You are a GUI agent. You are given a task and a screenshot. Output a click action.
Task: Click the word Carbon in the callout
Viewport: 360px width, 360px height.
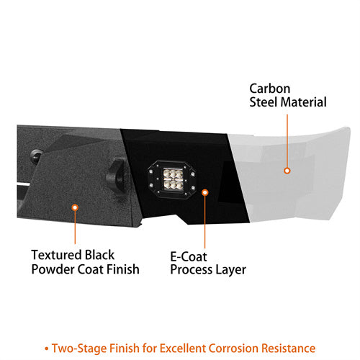(x=270, y=89)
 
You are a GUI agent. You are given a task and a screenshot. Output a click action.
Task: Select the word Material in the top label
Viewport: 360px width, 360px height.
(x=303, y=102)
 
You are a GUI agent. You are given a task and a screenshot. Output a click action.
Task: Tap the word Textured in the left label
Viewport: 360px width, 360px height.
(x=56, y=255)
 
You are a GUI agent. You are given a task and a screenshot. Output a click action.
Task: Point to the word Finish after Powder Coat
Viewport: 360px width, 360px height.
(x=123, y=269)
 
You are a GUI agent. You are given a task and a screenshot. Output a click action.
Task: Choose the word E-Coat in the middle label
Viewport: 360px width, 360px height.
(x=189, y=257)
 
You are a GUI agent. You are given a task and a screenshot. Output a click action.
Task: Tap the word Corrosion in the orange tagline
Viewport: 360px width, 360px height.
(x=233, y=348)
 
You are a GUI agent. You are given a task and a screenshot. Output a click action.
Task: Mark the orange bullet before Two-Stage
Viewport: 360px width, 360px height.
(x=47, y=349)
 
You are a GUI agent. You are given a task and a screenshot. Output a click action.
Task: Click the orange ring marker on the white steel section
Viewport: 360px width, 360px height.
(x=287, y=171)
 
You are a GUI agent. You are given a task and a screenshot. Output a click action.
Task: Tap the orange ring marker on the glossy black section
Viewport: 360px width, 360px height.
(x=205, y=192)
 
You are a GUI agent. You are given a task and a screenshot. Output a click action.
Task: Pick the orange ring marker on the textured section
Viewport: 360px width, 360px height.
(x=75, y=207)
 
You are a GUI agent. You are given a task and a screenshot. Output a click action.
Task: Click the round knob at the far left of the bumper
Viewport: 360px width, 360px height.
(x=37, y=156)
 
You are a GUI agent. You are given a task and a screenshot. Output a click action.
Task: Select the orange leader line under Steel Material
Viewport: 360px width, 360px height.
(x=287, y=140)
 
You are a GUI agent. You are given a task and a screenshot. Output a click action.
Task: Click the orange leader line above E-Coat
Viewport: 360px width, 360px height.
(x=205, y=222)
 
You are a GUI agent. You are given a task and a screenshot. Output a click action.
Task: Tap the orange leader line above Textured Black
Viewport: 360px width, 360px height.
(x=75, y=228)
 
